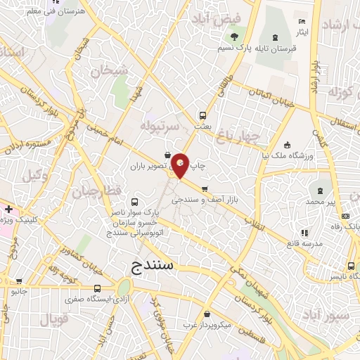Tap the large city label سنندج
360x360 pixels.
(156, 265)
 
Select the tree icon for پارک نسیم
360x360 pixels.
(234, 37)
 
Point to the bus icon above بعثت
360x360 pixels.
(202, 115)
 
